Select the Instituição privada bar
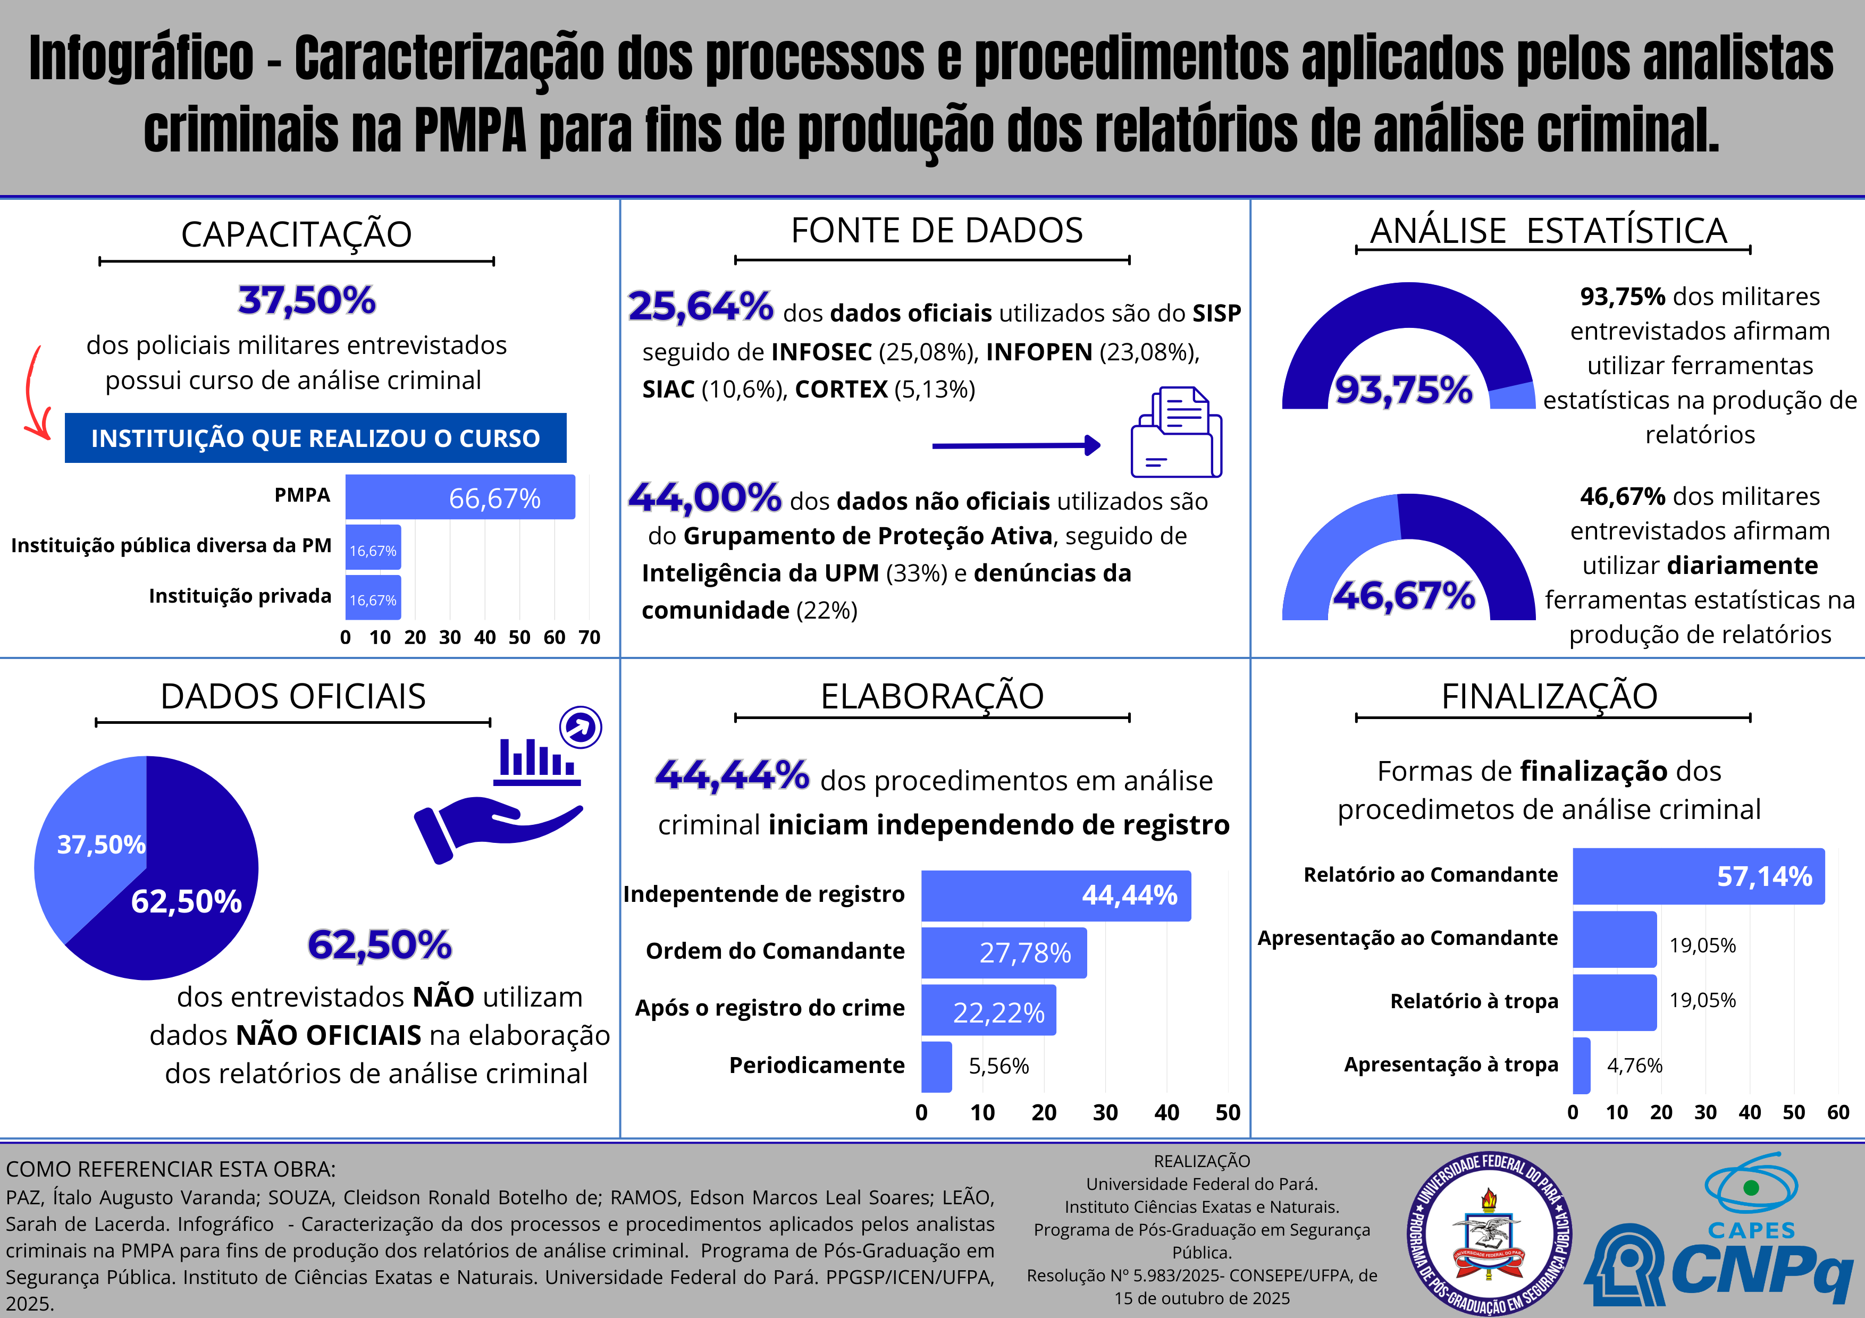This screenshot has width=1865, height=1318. point(373,598)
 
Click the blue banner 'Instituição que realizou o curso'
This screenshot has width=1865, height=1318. point(315,438)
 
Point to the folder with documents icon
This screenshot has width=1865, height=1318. point(1176,432)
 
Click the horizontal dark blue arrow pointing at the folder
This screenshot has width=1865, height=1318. point(1015,445)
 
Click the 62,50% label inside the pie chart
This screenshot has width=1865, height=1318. point(186,901)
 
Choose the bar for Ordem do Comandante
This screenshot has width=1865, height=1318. point(1003,952)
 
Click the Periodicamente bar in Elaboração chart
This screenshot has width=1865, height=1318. point(936,1066)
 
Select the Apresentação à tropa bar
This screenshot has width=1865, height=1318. point(1581,1064)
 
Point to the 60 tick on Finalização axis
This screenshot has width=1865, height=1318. point(1837,1112)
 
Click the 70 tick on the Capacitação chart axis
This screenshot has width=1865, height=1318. point(589,638)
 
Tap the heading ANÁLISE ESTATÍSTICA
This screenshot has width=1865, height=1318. point(1548,231)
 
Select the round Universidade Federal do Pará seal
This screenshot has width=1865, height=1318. point(1489,1233)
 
